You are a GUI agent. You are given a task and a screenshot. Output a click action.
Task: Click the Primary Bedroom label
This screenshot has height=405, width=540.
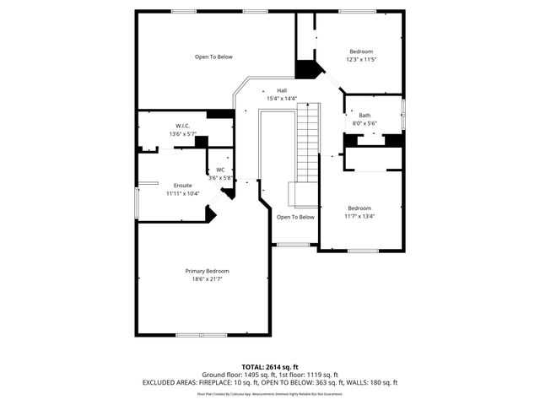coord(208,271)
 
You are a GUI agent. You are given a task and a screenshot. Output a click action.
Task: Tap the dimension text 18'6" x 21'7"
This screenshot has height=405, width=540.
coord(208,278)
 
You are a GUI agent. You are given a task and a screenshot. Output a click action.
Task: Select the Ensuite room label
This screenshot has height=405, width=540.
coord(182,186)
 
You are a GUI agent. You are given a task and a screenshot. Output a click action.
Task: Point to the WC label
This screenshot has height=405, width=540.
coord(220,170)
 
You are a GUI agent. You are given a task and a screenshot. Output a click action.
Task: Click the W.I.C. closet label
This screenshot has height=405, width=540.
coord(182,126)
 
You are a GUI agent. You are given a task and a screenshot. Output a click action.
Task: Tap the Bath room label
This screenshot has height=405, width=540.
coord(364,116)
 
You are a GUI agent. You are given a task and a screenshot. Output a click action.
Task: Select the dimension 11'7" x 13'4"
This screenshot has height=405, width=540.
coord(360,215)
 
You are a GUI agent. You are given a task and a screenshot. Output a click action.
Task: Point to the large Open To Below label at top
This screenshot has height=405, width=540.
coord(213,57)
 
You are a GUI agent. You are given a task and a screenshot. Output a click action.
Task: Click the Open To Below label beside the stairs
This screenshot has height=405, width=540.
coord(295,217)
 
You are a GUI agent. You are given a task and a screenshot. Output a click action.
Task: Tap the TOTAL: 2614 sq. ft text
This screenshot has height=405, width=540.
coord(270,367)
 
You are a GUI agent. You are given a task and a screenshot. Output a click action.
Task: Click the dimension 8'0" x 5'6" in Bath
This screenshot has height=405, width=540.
coord(364,123)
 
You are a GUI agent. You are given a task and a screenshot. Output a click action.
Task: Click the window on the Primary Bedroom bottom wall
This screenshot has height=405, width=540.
coord(202,335)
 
